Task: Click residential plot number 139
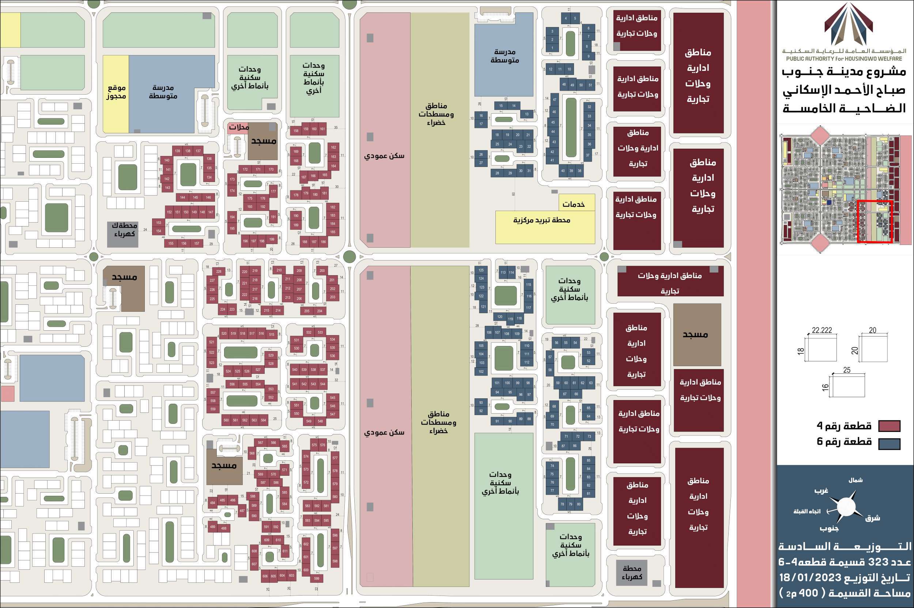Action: point(177,151)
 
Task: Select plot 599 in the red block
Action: point(317,578)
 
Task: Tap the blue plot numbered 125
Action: point(481,270)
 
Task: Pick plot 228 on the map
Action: point(219,271)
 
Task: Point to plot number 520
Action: point(224,334)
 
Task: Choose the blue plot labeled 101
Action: point(497,383)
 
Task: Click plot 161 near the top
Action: point(322,129)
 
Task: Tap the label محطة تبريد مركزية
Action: point(541,220)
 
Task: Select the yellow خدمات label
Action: point(573,204)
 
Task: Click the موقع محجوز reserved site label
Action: point(116,92)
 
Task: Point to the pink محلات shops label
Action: point(239,127)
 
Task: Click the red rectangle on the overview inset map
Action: point(875,222)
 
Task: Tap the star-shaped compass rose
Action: point(846,507)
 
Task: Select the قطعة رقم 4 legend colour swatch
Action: point(889,426)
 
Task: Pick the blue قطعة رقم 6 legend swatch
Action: point(889,444)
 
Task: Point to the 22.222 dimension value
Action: point(822,330)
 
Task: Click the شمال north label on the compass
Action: point(856,480)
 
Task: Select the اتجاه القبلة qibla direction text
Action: point(807,512)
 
